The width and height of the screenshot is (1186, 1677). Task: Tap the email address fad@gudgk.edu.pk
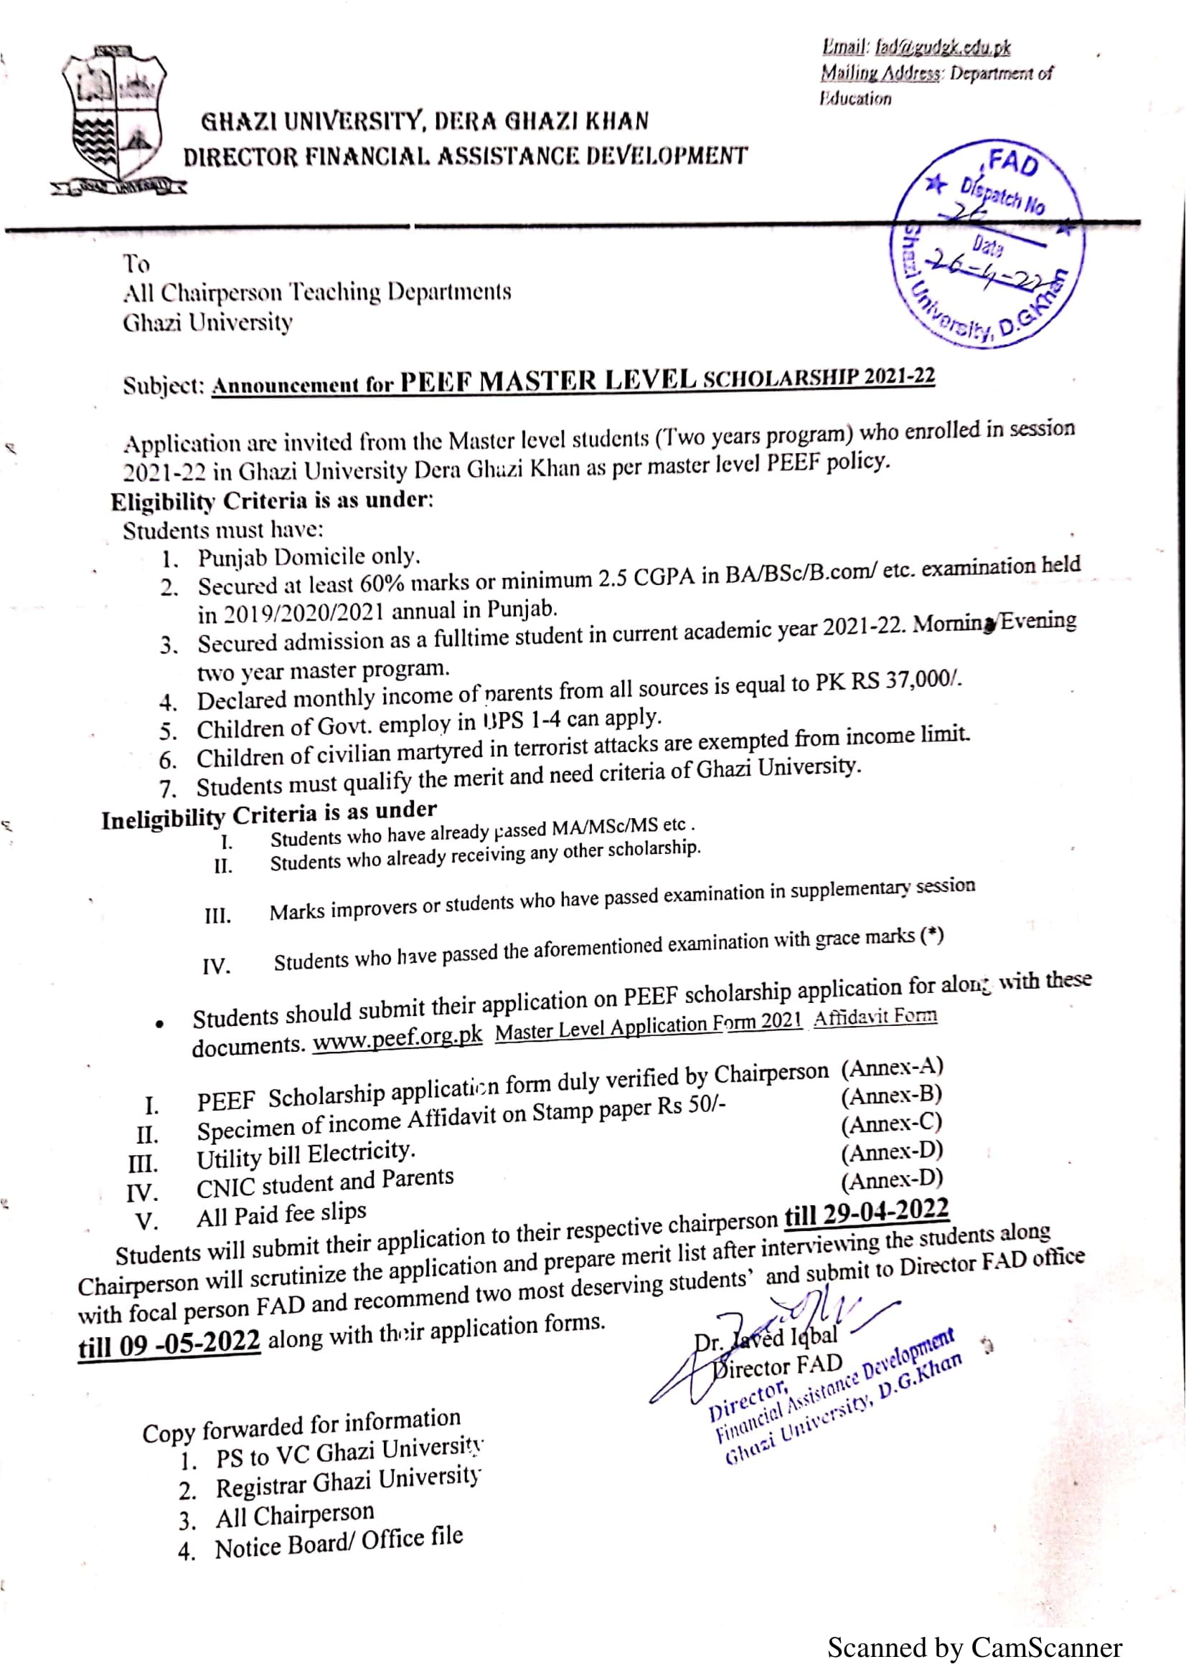click(x=943, y=48)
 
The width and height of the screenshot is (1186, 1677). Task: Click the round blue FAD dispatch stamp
click(x=987, y=243)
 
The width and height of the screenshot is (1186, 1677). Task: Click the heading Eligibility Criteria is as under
click(x=272, y=501)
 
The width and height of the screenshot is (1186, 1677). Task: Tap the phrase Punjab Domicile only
click(x=309, y=557)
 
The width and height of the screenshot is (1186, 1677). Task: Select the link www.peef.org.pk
click(x=397, y=1038)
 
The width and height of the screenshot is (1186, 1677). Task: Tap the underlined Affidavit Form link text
click(x=875, y=1017)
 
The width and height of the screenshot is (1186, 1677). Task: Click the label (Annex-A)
click(x=892, y=1068)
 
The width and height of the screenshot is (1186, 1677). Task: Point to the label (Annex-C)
click(x=892, y=1124)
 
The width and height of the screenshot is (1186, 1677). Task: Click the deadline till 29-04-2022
click(x=867, y=1213)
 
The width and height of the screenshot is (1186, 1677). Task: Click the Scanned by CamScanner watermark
click(x=974, y=1648)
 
